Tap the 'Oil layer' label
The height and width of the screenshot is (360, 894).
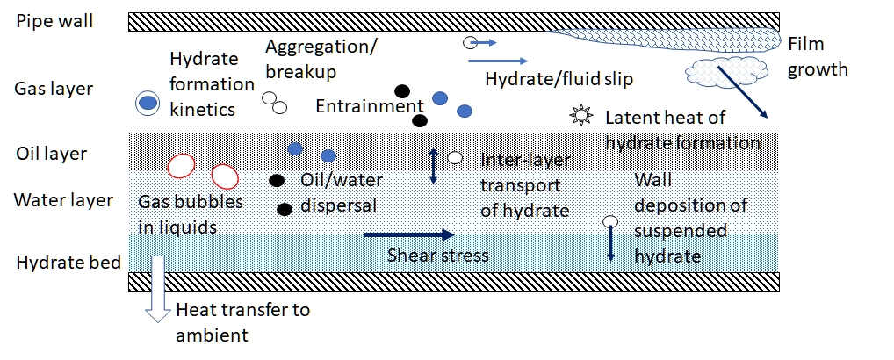tap(52, 154)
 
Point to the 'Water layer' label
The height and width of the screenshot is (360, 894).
tap(63, 200)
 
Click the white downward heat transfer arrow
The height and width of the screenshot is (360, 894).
tap(158, 290)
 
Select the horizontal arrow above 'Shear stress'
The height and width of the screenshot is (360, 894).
tap(407, 234)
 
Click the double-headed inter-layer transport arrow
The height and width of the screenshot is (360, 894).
tap(432, 167)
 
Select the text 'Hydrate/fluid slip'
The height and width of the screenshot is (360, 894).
tap(559, 80)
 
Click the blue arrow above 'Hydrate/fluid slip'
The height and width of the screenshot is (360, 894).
tap(497, 61)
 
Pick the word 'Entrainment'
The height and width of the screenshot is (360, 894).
tap(370, 106)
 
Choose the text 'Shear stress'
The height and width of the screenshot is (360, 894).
tap(438, 256)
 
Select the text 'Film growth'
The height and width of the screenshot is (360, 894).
tap(818, 56)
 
